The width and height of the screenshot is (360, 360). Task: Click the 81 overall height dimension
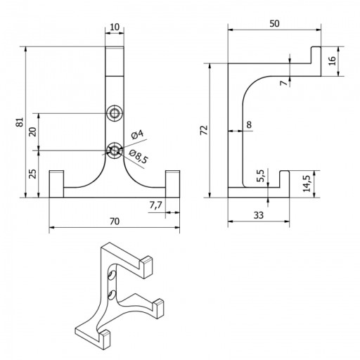[20, 122]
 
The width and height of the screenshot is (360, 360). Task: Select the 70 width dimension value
[115, 221]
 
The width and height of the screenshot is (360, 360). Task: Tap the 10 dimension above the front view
[115, 27]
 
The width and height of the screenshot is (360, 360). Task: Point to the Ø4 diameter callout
[137, 135]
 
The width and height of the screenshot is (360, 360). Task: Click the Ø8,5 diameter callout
[139, 156]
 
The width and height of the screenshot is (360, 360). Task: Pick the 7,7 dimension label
[156, 205]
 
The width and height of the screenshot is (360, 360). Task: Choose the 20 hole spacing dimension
[32, 131]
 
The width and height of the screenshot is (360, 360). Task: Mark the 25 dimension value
[32, 174]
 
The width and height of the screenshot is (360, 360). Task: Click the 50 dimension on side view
[274, 23]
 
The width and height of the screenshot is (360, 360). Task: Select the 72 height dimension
[204, 130]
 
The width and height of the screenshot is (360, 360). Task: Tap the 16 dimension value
[333, 61]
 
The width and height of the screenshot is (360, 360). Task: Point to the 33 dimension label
[259, 215]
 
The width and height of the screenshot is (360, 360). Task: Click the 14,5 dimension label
[307, 184]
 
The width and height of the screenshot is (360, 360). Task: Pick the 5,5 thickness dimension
[260, 176]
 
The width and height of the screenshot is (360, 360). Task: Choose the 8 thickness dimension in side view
[249, 124]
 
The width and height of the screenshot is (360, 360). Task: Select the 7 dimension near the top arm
[284, 83]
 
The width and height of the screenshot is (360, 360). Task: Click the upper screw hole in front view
[115, 114]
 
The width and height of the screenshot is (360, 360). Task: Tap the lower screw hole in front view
[115, 150]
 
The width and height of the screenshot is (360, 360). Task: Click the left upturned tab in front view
[56, 184]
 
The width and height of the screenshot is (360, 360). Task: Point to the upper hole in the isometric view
[112, 275]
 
